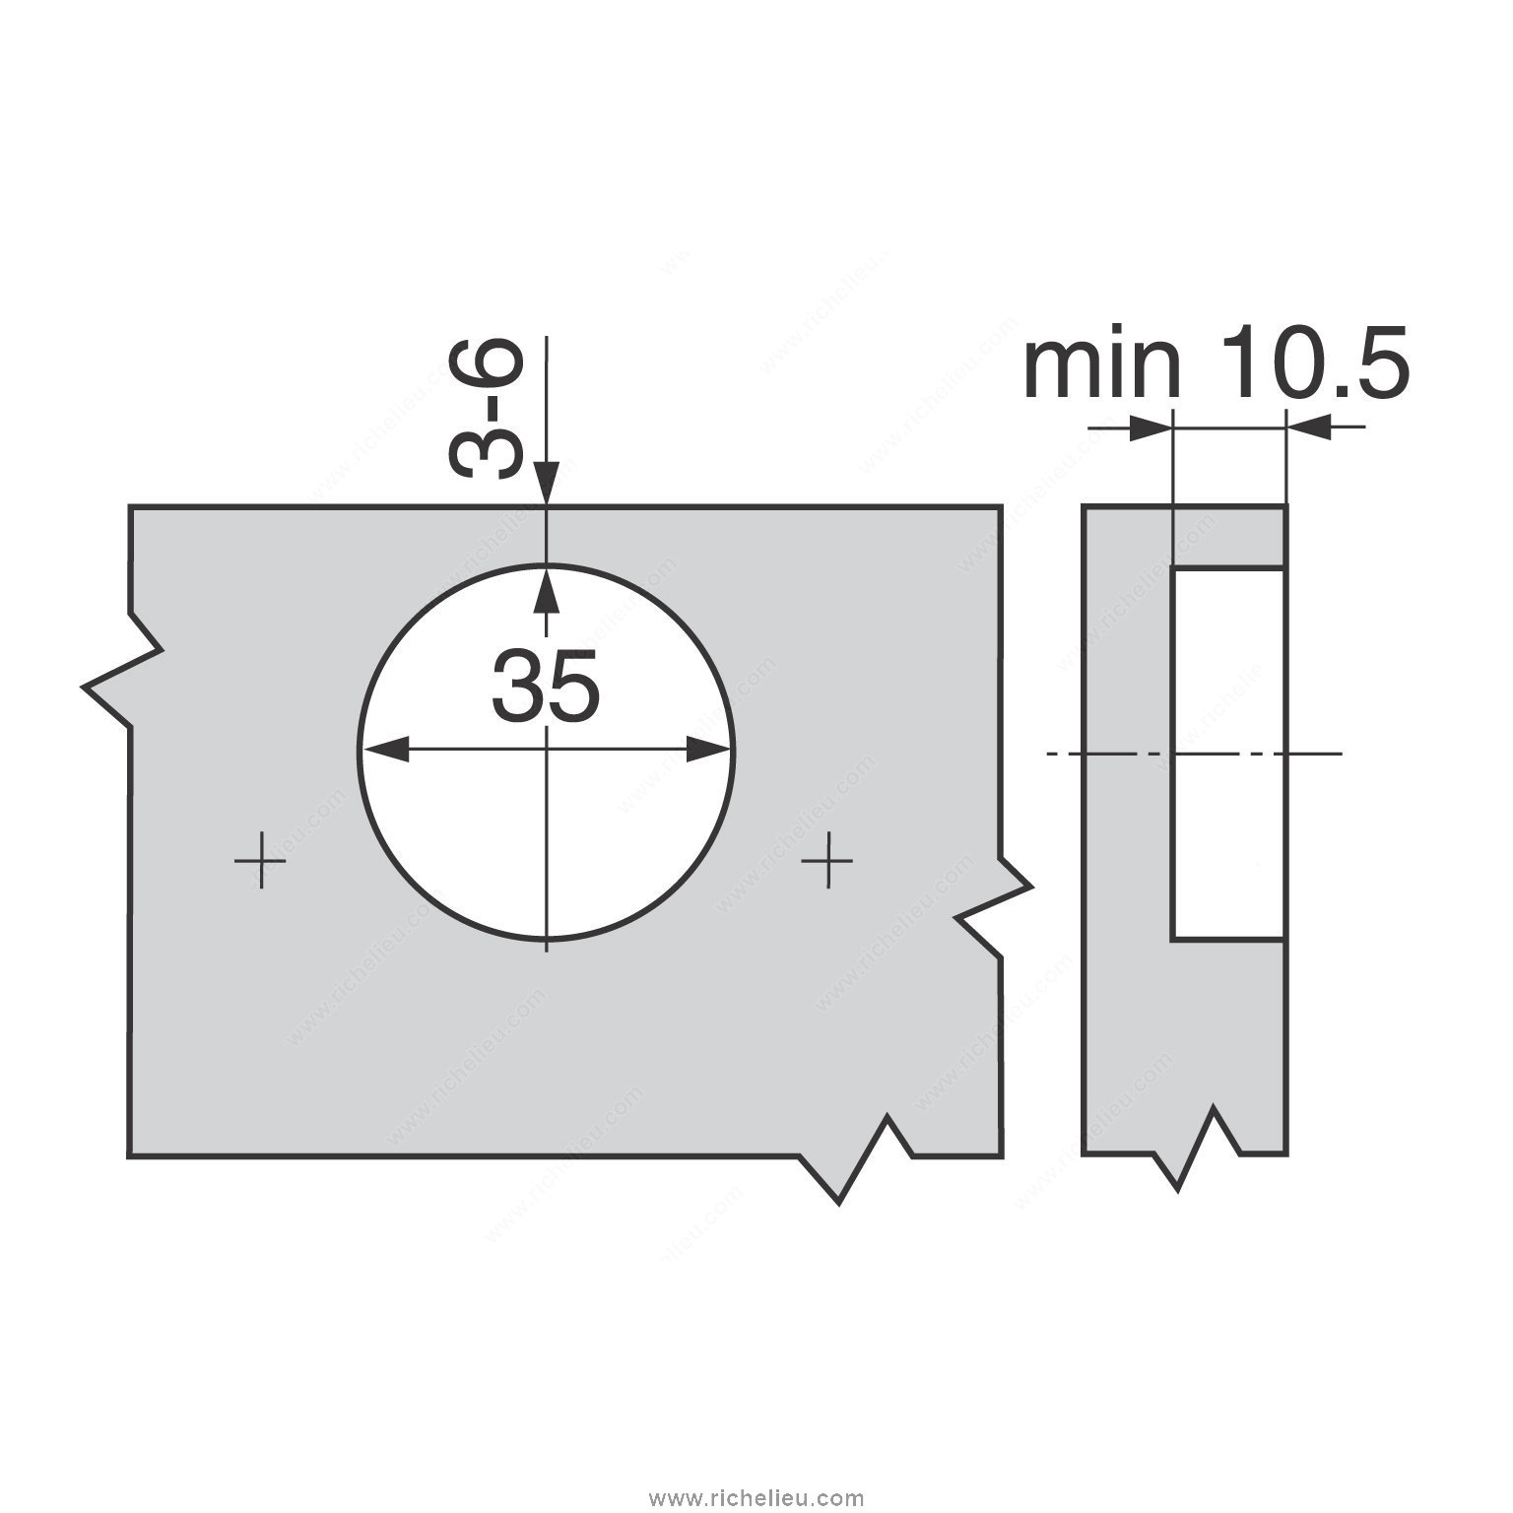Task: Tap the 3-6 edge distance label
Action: pyautogui.click(x=483, y=409)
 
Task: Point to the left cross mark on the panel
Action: pyautogui.click(x=260, y=861)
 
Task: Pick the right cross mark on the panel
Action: pyautogui.click(x=826, y=861)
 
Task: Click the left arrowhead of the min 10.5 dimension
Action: pyautogui.click(x=1149, y=427)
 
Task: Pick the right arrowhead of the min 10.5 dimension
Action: pyautogui.click(x=1308, y=427)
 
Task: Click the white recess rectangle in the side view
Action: pyautogui.click(x=1227, y=754)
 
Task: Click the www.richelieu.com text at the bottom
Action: pyautogui.click(x=756, y=1498)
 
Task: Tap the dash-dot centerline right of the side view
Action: pyautogui.click(x=1315, y=754)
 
